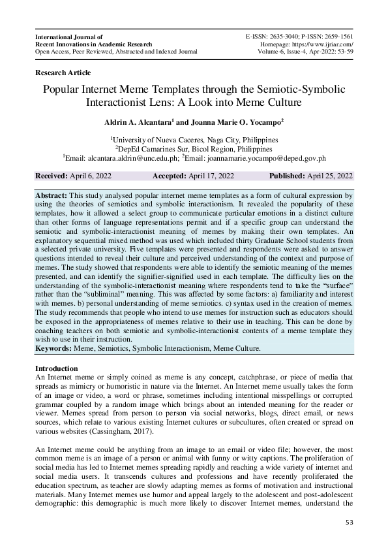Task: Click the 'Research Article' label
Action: (x=63, y=73)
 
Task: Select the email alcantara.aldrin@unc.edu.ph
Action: (x=133, y=157)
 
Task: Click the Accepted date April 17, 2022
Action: (x=207, y=176)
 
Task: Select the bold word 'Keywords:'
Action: (x=54, y=348)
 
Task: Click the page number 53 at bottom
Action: (x=348, y=523)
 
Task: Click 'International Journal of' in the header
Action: (x=69, y=37)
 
